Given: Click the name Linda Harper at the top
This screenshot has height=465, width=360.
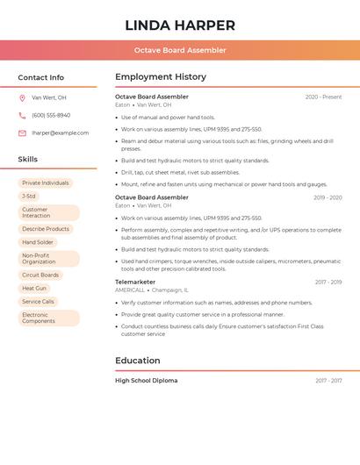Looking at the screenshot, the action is pos(180,25).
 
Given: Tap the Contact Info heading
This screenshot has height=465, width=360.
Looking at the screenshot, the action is pos(40,77).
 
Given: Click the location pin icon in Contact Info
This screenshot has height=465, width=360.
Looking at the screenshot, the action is pos(22,98).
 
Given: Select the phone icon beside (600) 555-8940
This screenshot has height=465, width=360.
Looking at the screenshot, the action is pos(22,116).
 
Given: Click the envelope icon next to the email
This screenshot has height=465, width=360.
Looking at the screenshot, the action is pos(22,133).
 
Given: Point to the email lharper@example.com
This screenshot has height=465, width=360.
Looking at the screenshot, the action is pos(60,133).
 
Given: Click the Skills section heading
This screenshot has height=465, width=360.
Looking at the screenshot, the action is pos(28,160).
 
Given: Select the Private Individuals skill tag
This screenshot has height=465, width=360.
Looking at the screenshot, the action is pos(45,183).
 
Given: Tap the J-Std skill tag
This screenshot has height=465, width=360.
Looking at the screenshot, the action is pos(29,197).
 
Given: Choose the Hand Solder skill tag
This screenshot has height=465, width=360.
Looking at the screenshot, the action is pos(38,242).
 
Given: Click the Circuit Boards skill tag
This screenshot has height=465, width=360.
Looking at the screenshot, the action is pos(40,275).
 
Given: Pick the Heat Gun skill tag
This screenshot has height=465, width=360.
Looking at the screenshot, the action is pos(34,288).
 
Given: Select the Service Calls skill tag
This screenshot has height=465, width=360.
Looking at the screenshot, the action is pos(38,302).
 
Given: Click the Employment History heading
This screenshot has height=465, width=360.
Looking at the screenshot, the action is pos(161,77).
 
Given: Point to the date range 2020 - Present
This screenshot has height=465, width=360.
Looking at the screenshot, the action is pos(323,97).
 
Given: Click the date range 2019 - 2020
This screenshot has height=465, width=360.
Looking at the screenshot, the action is pos(327,198).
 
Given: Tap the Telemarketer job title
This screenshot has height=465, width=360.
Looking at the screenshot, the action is pos(134,283).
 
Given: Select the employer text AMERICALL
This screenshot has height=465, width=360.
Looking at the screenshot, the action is pos(130,290).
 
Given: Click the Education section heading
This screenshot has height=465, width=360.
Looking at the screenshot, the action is pos(138,361).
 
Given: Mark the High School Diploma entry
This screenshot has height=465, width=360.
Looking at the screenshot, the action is pos(146,381).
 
